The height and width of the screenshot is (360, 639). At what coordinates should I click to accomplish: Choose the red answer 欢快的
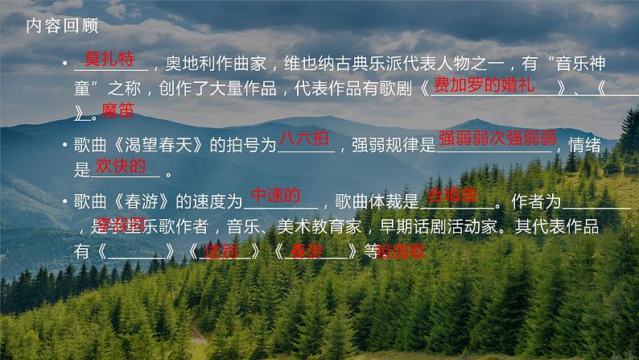point(121,166)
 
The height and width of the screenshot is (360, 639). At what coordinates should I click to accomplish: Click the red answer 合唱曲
point(452,196)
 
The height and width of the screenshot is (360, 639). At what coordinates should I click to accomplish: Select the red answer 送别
point(221,250)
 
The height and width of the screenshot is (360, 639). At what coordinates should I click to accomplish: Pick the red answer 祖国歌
point(400,251)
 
